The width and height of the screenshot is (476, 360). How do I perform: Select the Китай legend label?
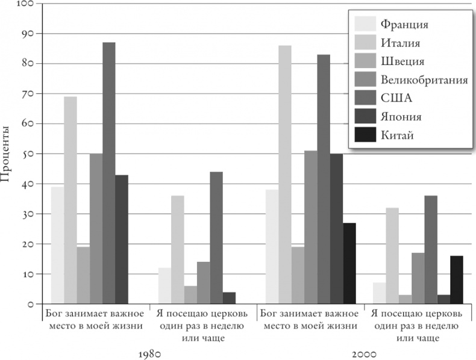pyautogui.click(x=397, y=135)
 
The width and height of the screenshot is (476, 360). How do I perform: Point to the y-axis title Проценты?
pyautogui.click(x=7, y=154)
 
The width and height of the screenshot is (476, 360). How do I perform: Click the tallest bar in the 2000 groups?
pyautogui.click(x=284, y=175)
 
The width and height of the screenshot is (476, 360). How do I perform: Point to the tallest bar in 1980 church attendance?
pyautogui.click(x=216, y=238)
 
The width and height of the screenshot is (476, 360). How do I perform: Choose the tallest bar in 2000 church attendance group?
pyautogui.click(x=430, y=250)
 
